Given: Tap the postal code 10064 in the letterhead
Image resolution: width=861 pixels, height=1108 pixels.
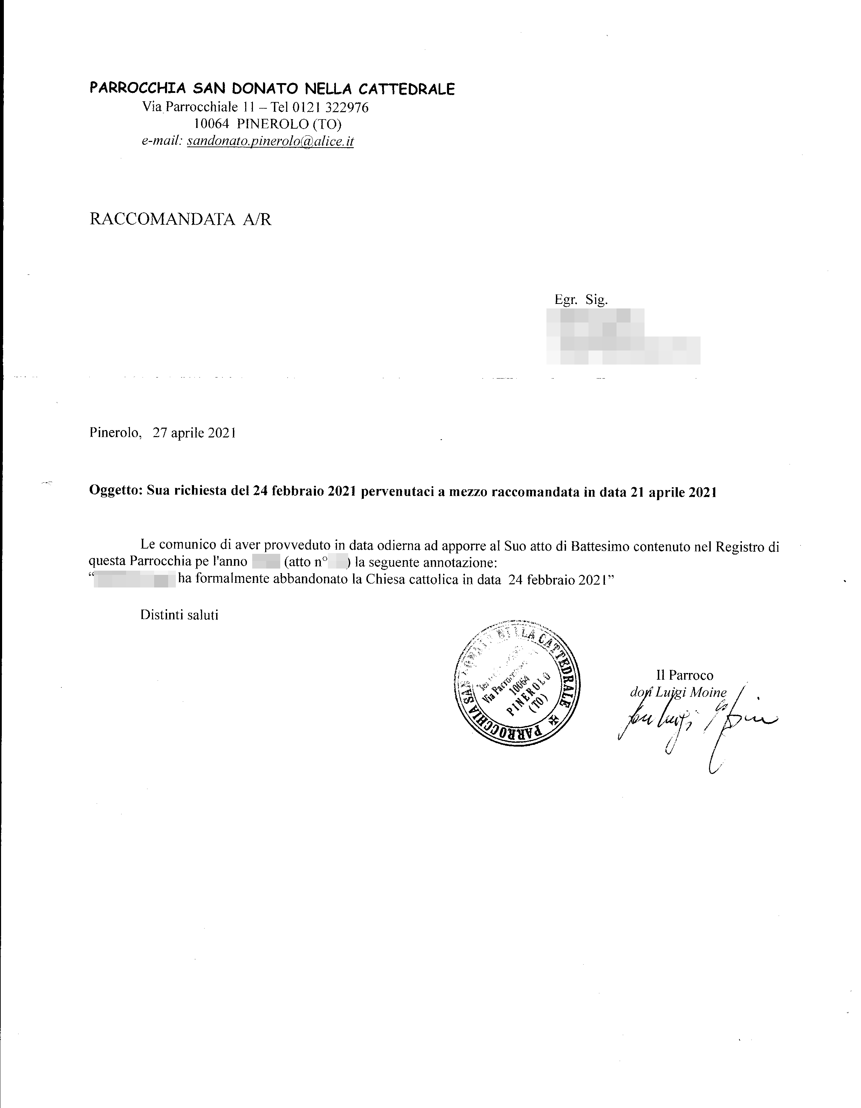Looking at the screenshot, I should [212, 124].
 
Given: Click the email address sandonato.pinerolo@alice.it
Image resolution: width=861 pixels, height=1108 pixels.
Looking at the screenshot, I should [270, 141].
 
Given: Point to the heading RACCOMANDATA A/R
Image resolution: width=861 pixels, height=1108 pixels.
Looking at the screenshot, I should [180, 220].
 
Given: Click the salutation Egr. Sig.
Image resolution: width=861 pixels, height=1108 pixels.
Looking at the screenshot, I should [581, 300].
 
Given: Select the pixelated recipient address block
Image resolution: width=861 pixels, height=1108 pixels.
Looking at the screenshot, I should [623, 337].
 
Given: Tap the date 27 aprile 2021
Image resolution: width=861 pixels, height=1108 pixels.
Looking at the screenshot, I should [194, 433].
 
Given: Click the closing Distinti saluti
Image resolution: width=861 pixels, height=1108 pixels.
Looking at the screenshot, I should [179, 615].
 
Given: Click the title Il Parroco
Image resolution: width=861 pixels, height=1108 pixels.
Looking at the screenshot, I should [684, 675].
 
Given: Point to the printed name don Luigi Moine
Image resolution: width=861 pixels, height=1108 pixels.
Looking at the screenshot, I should [679, 692].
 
